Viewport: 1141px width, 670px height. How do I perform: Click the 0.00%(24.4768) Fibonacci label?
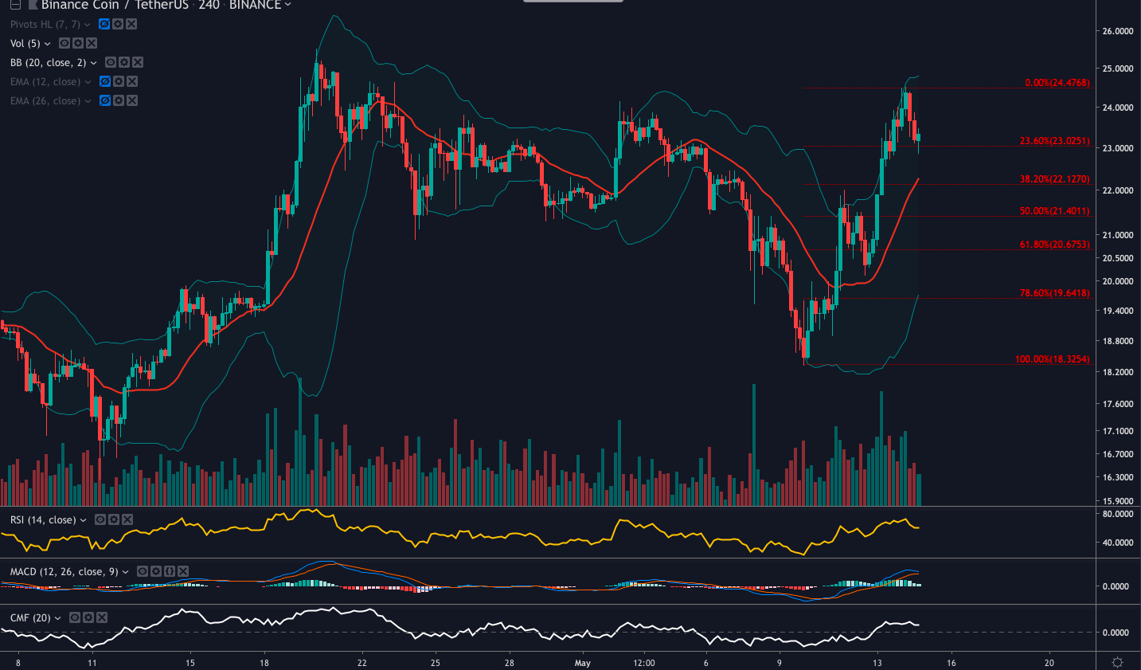(1057, 83)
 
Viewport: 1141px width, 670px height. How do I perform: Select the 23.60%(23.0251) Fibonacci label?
(1054, 141)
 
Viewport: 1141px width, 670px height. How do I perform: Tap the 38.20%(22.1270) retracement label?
(1054, 179)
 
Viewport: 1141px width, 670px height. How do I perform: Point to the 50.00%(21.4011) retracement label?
(1054, 211)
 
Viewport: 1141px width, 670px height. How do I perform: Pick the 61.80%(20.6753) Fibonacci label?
(1054, 245)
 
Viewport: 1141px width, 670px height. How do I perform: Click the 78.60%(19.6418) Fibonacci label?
(1054, 293)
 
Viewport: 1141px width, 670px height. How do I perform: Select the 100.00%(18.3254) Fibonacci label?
(1052, 359)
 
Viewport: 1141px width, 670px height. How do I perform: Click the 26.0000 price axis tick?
(1117, 32)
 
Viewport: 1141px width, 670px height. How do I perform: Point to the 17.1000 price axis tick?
(1117, 431)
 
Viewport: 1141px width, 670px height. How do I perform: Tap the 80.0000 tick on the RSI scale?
(1117, 515)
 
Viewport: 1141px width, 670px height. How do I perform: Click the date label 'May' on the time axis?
(583, 663)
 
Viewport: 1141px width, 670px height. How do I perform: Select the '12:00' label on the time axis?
(643, 663)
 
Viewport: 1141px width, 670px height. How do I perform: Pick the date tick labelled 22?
(362, 663)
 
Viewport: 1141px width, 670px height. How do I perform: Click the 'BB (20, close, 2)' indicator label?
(48, 63)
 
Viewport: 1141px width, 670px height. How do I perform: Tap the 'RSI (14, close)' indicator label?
(43, 520)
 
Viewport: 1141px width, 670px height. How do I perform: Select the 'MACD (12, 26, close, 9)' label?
(64, 572)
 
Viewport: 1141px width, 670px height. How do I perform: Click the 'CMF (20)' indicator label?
(30, 618)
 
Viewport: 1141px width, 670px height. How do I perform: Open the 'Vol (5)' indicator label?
(25, 44)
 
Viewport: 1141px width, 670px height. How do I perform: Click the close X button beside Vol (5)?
(92, 44)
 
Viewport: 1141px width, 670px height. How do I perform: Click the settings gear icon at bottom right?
(1117, 663)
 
